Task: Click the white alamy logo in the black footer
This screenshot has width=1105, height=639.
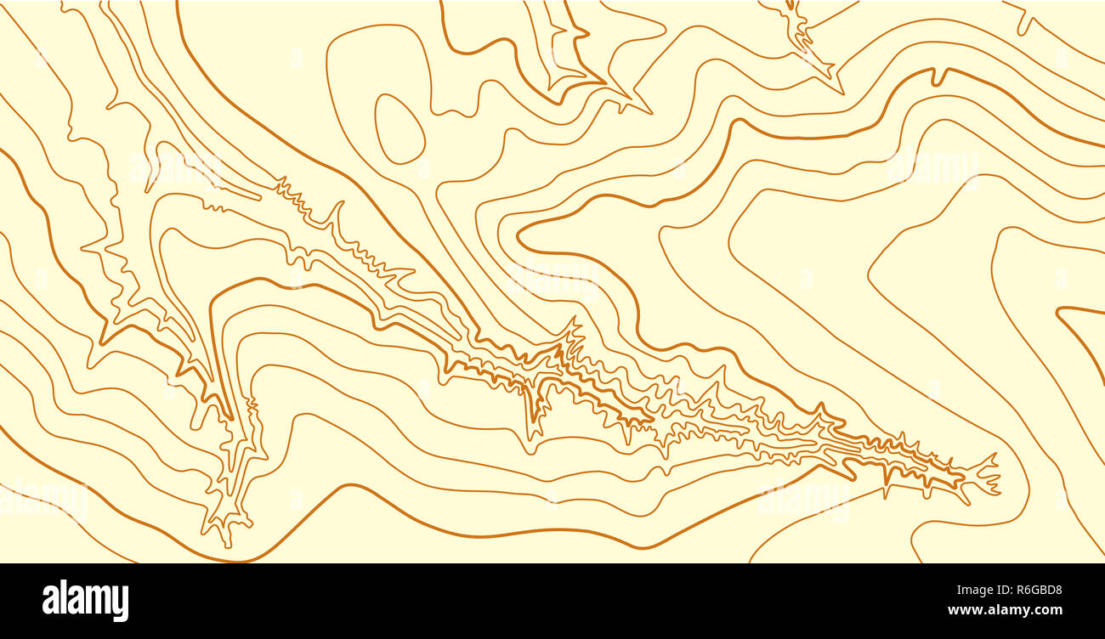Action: pos(85,601)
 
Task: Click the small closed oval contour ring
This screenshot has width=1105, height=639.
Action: pos(399,128)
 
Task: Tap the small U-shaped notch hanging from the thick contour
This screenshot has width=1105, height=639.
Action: pos(938,77)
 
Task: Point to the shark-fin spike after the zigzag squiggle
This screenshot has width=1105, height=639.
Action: pos(336,212)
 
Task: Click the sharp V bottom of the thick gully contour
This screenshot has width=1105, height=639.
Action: pos(229,416)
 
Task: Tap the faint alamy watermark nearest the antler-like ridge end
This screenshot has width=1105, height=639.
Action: pos(803,501)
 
